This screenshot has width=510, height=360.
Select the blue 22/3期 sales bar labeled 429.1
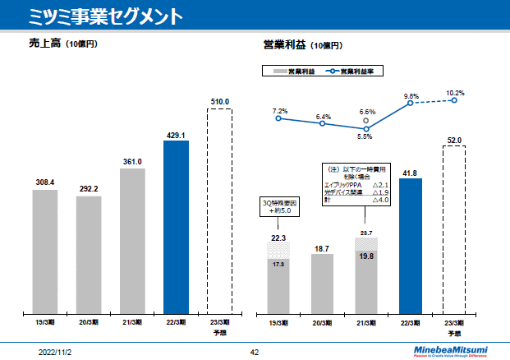point(176,227)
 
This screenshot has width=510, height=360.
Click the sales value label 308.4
point(45,182)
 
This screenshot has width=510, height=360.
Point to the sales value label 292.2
point(89,188)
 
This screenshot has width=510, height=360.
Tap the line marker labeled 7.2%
point(278,118)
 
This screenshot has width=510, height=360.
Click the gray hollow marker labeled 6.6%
point(366,119)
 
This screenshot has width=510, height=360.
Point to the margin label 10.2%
point(455,93)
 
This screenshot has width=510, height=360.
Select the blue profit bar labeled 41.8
point(411,246)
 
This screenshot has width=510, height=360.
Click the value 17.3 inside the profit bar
point(278,264)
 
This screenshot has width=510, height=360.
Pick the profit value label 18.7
point(322,247)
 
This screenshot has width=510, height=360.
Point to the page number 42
point(254,351)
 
